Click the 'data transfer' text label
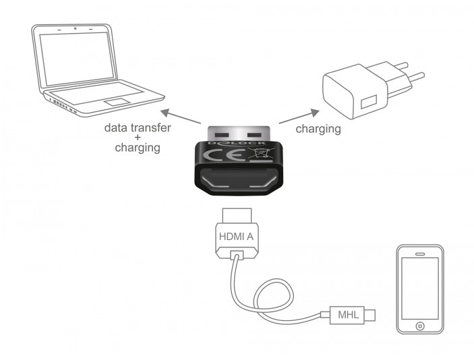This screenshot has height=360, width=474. [138, 127]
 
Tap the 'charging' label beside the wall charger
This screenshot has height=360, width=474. [318, 128]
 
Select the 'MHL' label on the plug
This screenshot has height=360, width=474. [346, 314]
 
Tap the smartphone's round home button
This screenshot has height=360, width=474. [419, 326]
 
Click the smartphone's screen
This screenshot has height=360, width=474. [419, 289]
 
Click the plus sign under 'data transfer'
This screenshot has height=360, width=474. [137, 138]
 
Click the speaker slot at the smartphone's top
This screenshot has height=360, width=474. [420, 254]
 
